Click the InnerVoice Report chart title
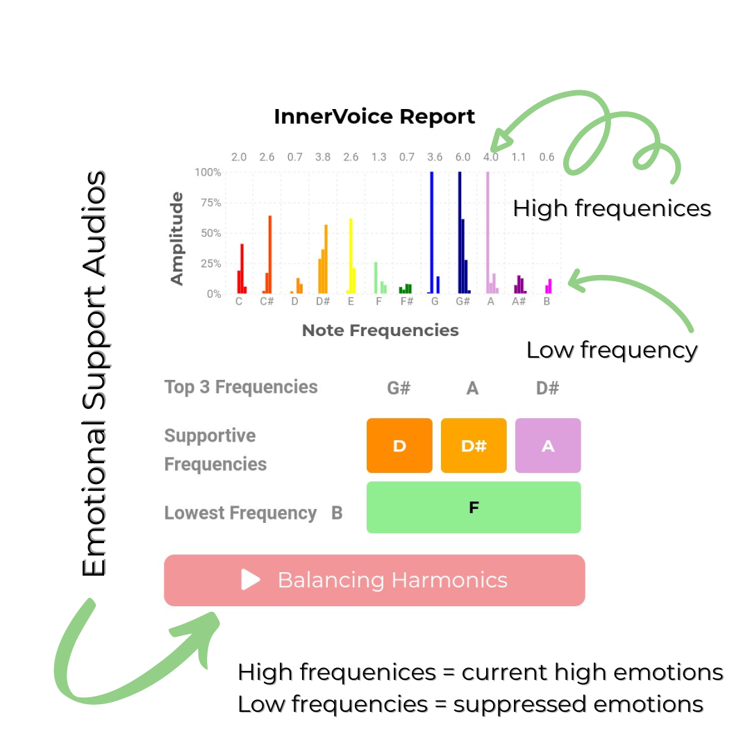click(374, 116)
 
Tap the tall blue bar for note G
click(432, 233)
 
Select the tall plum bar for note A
click(487, 233)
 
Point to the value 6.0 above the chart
click(462, 157)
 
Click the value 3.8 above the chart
click(323, 157)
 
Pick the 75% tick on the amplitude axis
click(210, 203)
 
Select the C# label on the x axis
click(267, 302)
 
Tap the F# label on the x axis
click(406, 302)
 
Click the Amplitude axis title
click(178, 238)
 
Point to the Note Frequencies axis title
click(380, 331)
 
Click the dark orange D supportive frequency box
click(399, 446)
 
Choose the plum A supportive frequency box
click(548, 446)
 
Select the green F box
click(474, 508)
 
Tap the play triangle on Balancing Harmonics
click(250, 580)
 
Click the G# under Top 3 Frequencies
click(399, 388)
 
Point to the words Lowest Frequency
click(240, 513)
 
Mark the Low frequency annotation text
click(611, 350)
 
